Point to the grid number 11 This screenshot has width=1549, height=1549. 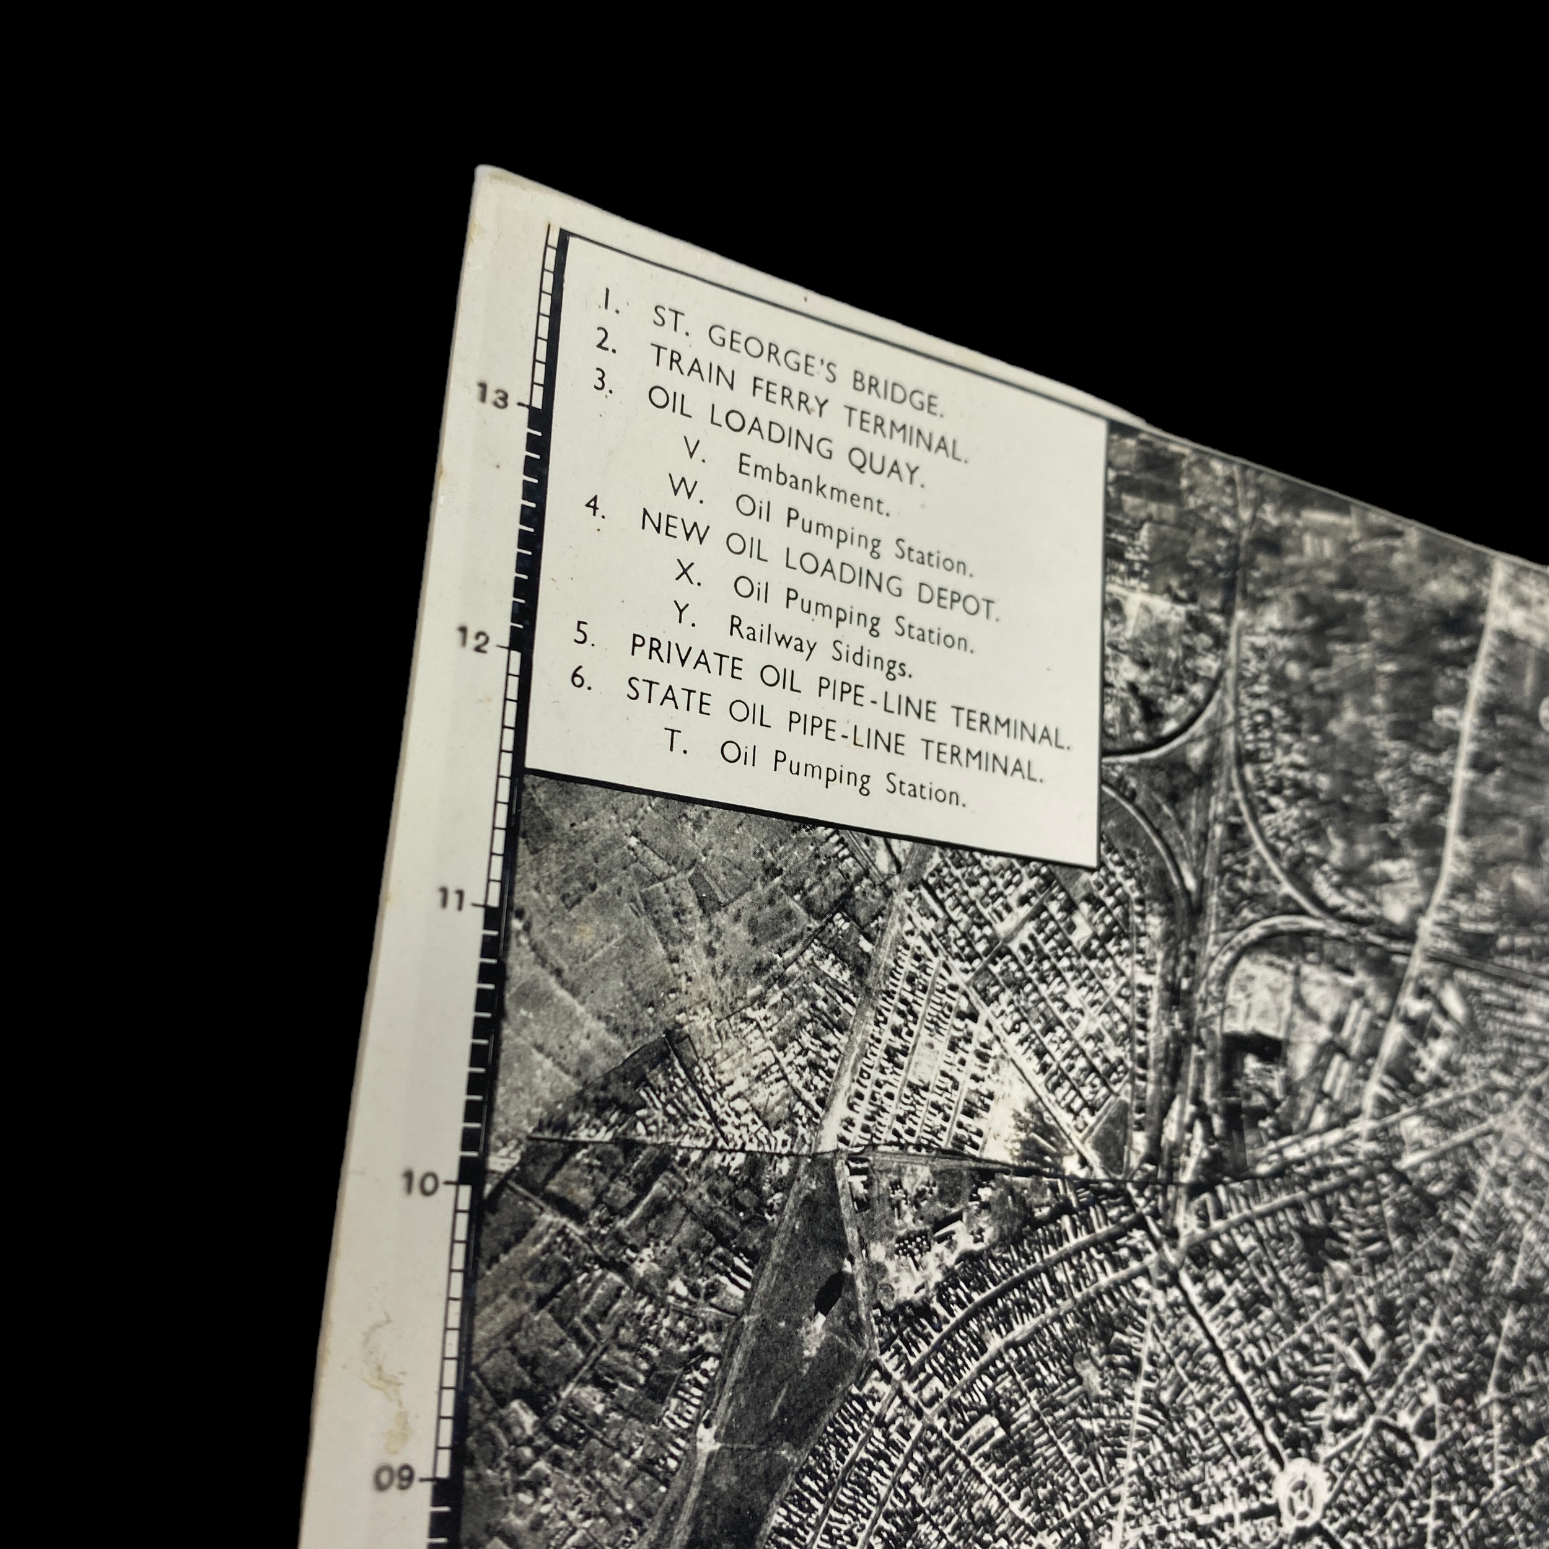452,900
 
